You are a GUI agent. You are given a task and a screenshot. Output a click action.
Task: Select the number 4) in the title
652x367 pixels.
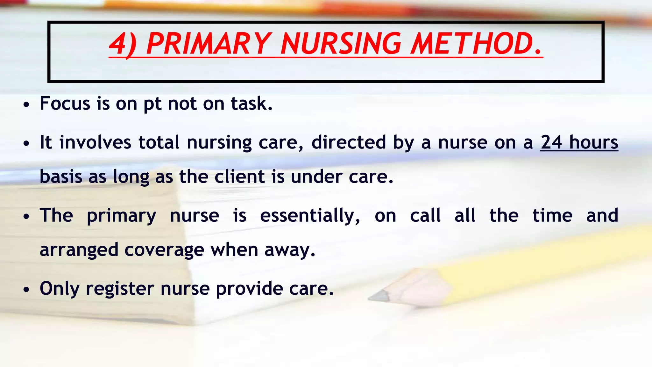tap(123, 45)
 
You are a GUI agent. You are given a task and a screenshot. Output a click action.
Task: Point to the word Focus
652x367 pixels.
tap(65, 104)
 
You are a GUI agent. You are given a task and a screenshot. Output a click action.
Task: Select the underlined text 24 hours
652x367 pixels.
tap(579, 142)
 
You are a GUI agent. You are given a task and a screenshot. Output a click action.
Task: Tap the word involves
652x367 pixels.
tap(95, 142)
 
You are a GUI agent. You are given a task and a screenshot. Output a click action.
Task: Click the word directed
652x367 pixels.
tap(348, 142)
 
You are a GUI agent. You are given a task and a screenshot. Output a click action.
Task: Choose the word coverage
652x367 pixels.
tap(164, 250)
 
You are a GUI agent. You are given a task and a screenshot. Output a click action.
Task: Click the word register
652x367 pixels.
tap(120, 289)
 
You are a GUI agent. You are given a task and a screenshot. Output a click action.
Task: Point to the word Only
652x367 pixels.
tap(60, 289)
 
